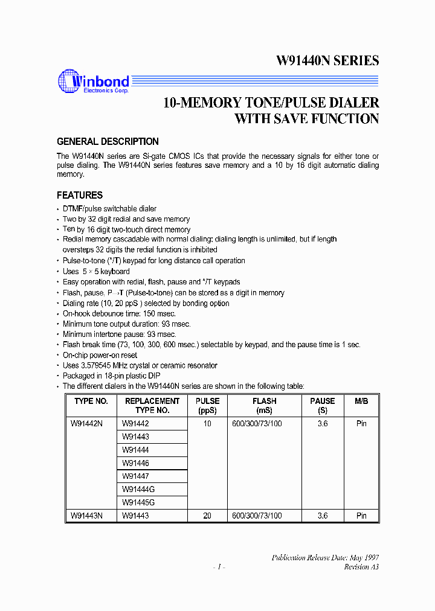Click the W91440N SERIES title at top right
point(327,60)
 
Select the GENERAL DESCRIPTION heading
point(108,142)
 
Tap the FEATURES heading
point(80,196)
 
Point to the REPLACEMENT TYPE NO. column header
point(152,405)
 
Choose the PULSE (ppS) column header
point(207,405)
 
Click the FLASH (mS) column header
point(265,405)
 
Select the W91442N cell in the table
point(86,424)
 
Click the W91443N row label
point(86,516)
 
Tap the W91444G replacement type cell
point(138,489)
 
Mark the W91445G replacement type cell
point(138,502)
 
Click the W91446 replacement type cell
point(135,463)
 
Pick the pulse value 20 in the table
point(207,516)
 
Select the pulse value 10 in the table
point(207,424)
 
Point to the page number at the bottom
point(218,567)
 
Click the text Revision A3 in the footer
point(361,567)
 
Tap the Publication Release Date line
point(325,558)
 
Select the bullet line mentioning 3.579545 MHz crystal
point(140,365)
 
